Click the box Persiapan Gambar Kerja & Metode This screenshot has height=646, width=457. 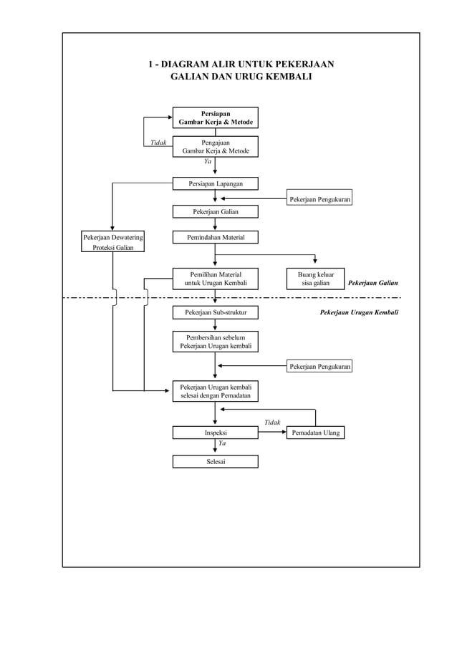click(x=215, y=117)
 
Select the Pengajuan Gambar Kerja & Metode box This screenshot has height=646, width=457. click(x=215, y=147)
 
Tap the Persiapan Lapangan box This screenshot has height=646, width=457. click(x=215, y=184)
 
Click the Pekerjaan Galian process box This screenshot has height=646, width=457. click(x=215, y=212)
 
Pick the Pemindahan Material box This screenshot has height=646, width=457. click(x=215, y=237)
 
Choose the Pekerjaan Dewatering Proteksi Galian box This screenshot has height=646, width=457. click(x=112, y=242)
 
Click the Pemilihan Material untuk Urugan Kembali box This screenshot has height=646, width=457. click(x=215, y=279)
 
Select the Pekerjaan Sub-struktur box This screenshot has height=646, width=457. click(x=215, y=312)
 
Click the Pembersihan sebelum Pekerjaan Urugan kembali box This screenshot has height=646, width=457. click(x=215, y=342)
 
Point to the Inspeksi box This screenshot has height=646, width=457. click(x=215, y=433)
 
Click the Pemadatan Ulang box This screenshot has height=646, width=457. click(x=315, y=433)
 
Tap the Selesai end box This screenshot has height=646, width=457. click(x=215, y=461)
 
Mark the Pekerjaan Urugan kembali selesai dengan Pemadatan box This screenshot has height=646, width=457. click(x=215, y=392)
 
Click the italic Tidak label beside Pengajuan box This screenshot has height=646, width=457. click(x=158, y=143)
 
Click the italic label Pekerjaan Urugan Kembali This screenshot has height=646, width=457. click(x=358, y=312)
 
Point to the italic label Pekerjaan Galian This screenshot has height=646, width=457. click(x=372, y=284)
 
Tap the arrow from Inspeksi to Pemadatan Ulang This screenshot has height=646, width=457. click(x=272, y=433)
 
